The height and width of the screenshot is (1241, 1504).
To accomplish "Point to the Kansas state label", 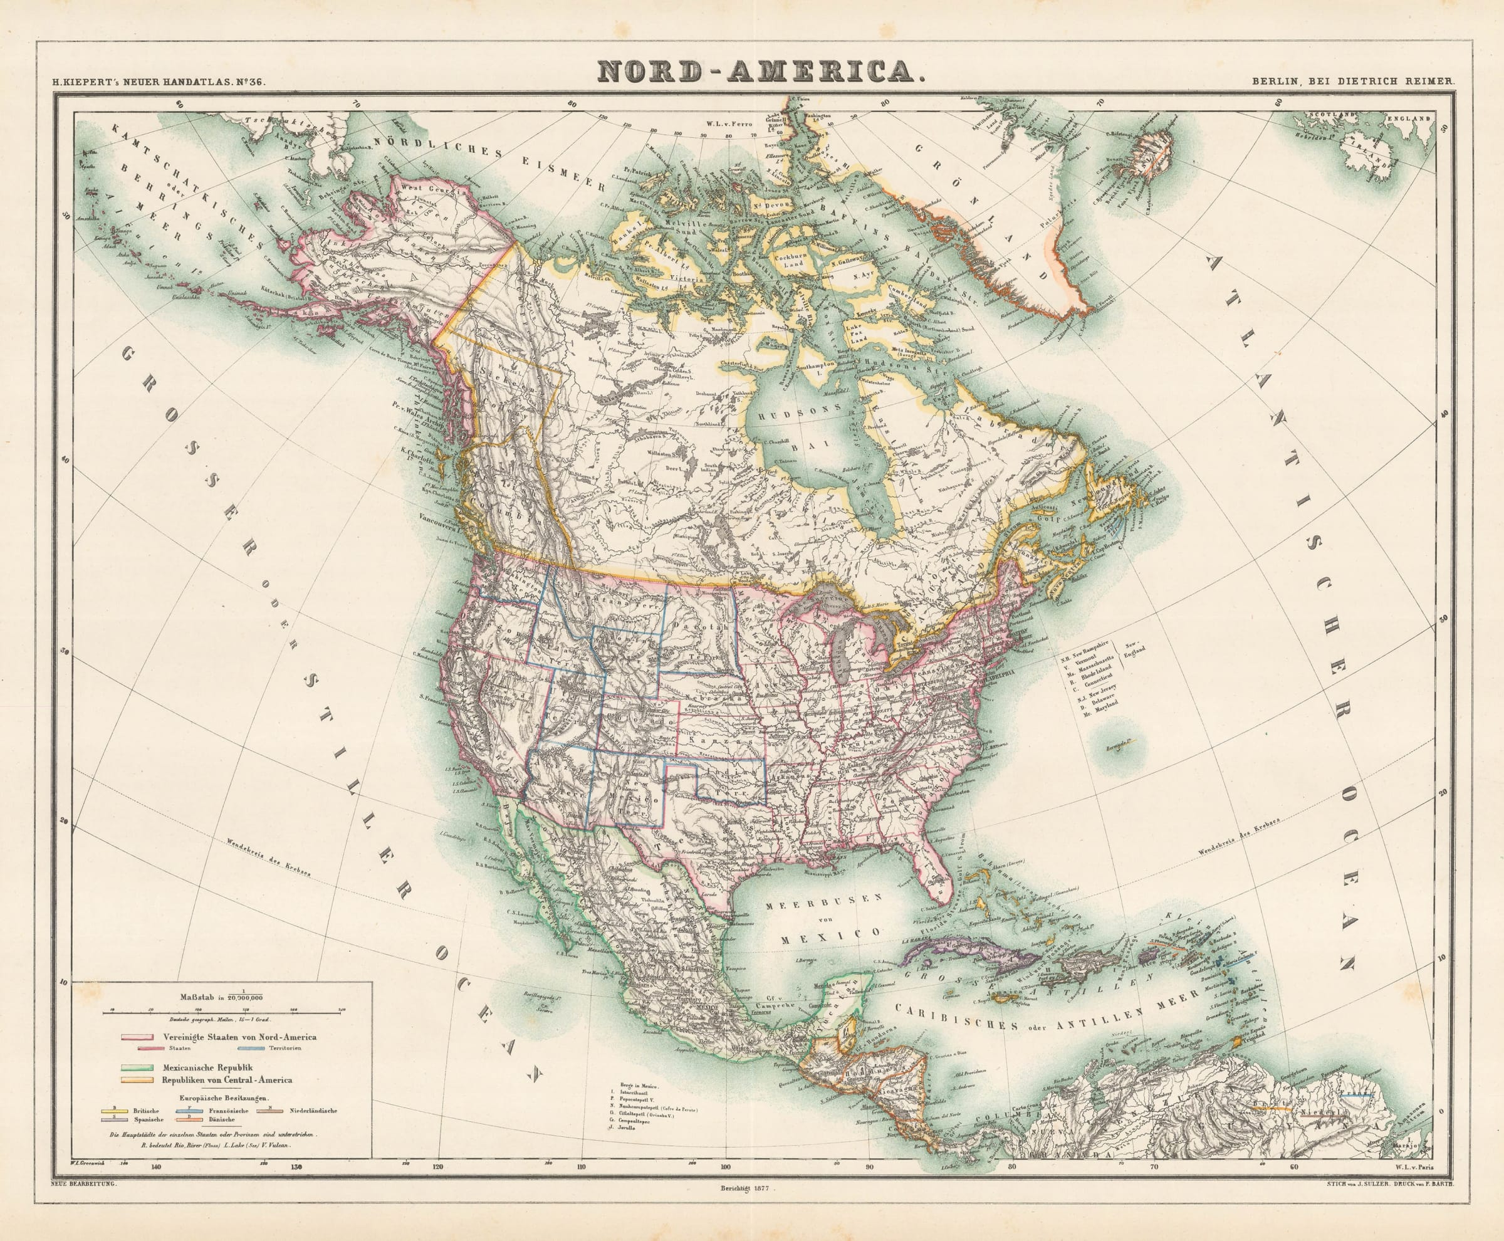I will (x=723, y=743).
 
